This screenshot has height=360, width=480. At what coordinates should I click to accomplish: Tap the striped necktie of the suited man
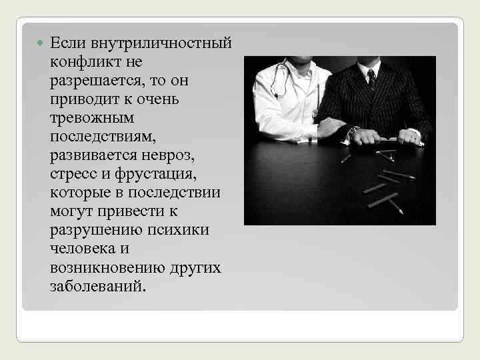[x=371, y=78]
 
